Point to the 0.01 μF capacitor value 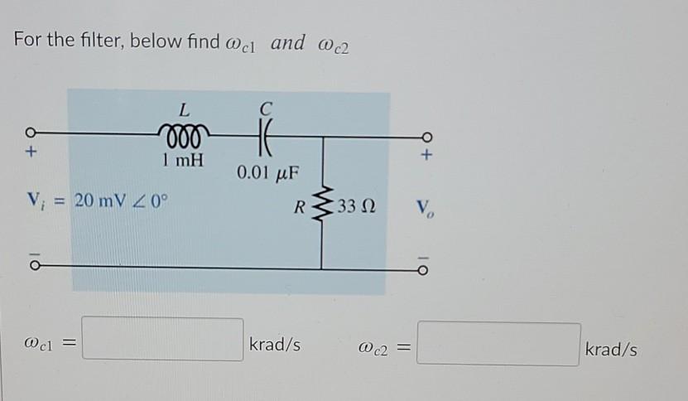pyautogui.click(x=266, y=173)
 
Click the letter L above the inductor pyautogui.click(x=184, y=109)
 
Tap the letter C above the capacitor pyautogui.click(x=265, y=107)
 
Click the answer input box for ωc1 pyautogui.click(x=163, y=340)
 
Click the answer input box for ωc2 pyautogui.click(x=498, y=344)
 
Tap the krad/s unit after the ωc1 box pyautogui.click(x=274, y=343)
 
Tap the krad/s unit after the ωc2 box pyautogui.click(x=611, y=350)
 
